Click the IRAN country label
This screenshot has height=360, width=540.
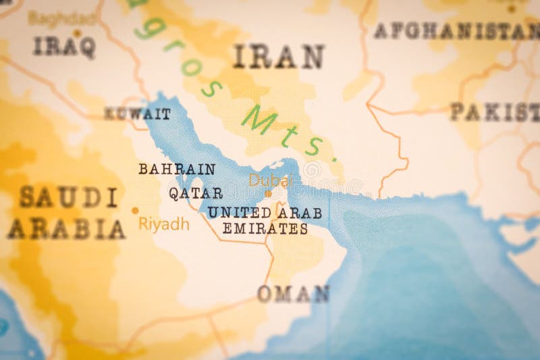click(x=279, y=57)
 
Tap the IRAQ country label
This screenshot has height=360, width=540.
click(x=64, y=47)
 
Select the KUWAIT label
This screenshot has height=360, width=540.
click(x=137, y=114)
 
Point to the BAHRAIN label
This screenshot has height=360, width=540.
click(x=177, y=169)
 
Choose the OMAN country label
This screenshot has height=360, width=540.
click(x=293, y=294)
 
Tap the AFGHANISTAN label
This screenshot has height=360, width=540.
click(x=456, y=30)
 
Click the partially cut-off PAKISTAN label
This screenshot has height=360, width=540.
click(x=495, y=111)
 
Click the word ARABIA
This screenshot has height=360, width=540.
click(x=67, y=230)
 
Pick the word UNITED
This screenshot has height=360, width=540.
click(x=240, y=212)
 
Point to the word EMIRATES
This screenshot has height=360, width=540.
click(x=265, y=229)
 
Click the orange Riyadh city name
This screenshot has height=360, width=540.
click(x=164, y=224)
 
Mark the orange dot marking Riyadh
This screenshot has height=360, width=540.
click(x=135, y=211)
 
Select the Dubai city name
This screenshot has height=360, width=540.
click(x=268, y=180)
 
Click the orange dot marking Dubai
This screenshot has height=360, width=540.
click(x=268, y=193)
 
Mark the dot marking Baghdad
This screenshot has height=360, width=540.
click(x=77, y=32)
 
